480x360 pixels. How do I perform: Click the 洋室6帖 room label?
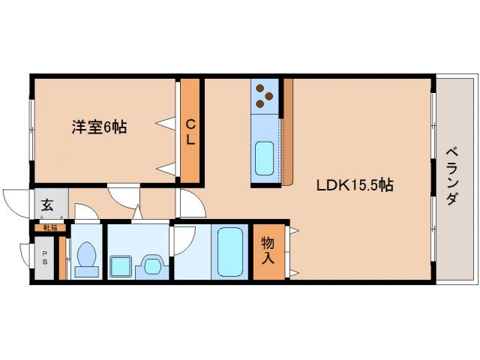pos(99,127)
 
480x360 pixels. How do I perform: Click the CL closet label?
pos(191,132)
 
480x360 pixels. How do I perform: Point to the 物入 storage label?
pos(268,250)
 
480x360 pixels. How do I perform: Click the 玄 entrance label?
pos(46,205)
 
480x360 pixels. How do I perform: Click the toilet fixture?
pos(85,258)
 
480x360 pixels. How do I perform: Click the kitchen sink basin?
pos(265,157)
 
